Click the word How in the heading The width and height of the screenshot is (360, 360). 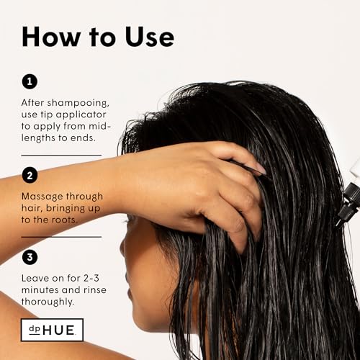51,37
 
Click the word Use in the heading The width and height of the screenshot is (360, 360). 150,37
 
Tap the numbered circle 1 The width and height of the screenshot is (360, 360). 30,81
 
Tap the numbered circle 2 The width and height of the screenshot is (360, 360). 30,176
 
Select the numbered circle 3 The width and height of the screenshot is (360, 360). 30,257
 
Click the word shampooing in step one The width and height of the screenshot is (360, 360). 78,103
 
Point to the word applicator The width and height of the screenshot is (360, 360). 81,115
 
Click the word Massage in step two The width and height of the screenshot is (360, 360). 42,197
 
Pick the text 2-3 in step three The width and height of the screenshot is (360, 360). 91,278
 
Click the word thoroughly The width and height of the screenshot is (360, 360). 48,302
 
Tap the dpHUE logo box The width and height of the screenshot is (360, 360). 52,330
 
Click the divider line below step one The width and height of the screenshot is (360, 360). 61,156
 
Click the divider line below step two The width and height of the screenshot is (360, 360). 61,237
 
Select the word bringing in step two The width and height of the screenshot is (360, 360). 66,209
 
